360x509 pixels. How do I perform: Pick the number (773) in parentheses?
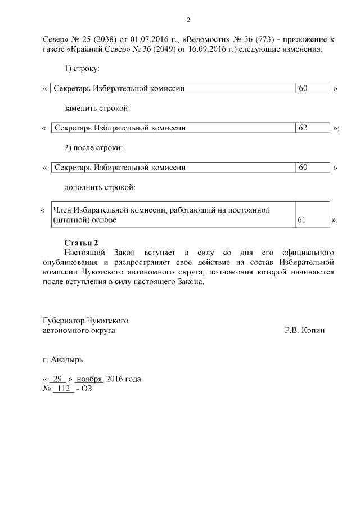coord(263,40)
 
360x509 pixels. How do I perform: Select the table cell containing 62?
coord(312,128)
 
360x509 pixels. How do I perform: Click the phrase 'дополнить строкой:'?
coord(99,186)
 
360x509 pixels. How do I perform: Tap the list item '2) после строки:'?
coord(93,147)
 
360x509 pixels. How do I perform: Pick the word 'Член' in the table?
coord(62,210)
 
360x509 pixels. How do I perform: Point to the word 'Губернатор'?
coord(64,321)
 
